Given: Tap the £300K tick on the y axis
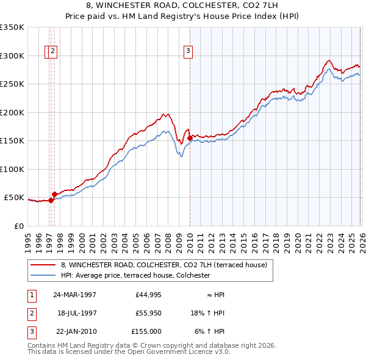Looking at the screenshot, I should coord(12,56).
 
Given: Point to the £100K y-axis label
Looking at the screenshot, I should coord(12,169).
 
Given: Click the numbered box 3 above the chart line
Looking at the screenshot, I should coord(188,51).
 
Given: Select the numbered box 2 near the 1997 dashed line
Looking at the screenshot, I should coord(54,51).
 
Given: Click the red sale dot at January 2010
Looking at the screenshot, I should coord(190,138).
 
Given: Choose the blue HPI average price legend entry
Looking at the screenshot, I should coord(135,276).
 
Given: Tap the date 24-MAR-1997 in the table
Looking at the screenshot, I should coord(74,295).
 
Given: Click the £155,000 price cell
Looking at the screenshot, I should coord(146,331).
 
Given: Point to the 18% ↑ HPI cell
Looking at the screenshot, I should coord(208,313).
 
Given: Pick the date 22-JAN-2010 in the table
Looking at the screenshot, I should coord(74,331).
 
